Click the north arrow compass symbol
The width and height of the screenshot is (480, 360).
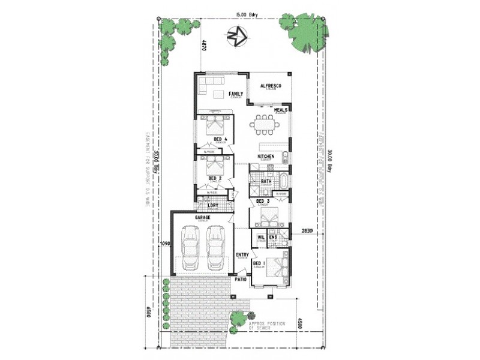pyautogui.click(x=237, y=37)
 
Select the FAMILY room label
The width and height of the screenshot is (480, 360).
pyautogui.click(x=236, y=94)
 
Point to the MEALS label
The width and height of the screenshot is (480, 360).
pyautogui.click(x=281, y=110)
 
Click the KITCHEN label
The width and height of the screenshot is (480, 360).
pyautogui.click(x=266, y=157)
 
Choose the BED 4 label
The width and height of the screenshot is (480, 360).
pyautogui.click(x=220, y=140)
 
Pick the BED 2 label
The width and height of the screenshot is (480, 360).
pyautogui.click(x=215, y=178)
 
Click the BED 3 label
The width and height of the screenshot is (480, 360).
pyautogui.click(x=263, y=201)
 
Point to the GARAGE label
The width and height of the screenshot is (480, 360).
pyautogui.click(x=202, y=217)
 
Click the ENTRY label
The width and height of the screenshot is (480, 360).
pyautogui.click(x=242, y=255)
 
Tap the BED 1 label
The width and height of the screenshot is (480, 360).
pyautogui.click(x=258, y=263)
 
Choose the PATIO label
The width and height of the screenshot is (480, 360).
pyautogui.click(x=241, y=280)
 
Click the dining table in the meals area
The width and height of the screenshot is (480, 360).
pyautogui.click(x=264, y=126)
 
